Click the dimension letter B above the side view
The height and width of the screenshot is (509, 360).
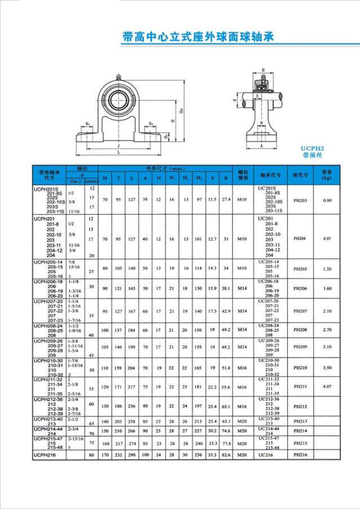coord(263,70)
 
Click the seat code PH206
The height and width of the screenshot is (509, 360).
coord(300,289)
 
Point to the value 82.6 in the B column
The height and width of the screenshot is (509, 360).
coord(227,454)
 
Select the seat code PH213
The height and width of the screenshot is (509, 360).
coord(300,421)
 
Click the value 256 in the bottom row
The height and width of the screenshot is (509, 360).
coord(199,454)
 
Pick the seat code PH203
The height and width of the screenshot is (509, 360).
coord(300,200)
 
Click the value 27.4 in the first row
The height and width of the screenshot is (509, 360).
coord(227,200)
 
